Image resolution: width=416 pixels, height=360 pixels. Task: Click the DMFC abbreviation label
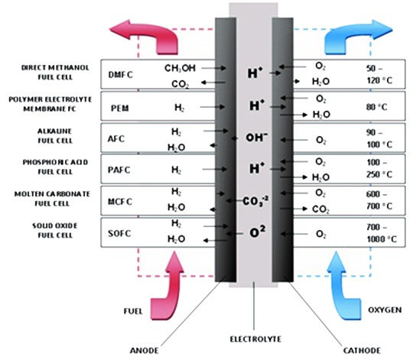click(x=120, y=75)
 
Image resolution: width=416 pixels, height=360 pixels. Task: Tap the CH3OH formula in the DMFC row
click(x=180, y=68)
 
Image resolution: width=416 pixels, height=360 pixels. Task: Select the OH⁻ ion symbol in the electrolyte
click(x=256, y=138)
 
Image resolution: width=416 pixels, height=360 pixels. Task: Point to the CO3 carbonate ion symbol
click(x=255, y=201)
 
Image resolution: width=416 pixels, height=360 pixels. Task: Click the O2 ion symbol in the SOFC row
click(x=258, y=232)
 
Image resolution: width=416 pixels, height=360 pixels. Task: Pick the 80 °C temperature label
click(x=377, y=107)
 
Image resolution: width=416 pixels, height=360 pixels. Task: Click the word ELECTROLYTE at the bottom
click(x=255, y=339)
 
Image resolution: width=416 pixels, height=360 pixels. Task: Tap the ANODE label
click(x=144, y=351)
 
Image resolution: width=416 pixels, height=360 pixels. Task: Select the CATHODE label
click(x=362, y=351)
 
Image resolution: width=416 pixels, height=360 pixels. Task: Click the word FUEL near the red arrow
click(x=133, y=311)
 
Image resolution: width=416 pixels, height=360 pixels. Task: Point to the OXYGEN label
click(x=385, y=310)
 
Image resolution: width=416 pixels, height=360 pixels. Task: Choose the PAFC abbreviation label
click(x=119, y=170)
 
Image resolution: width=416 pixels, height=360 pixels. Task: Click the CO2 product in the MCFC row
click(x=320, y=209)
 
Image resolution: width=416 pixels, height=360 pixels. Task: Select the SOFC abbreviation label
click(x=119, y=234)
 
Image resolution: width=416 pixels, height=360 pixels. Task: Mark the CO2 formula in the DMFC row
click(x=180, y=84)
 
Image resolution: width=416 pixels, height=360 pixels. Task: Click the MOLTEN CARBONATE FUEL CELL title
click(x=52, y=199)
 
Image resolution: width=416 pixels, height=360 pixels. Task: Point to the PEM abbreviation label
click(x=120, y=109)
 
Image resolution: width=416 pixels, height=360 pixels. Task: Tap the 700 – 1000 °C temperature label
click(x=382, y=233)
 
